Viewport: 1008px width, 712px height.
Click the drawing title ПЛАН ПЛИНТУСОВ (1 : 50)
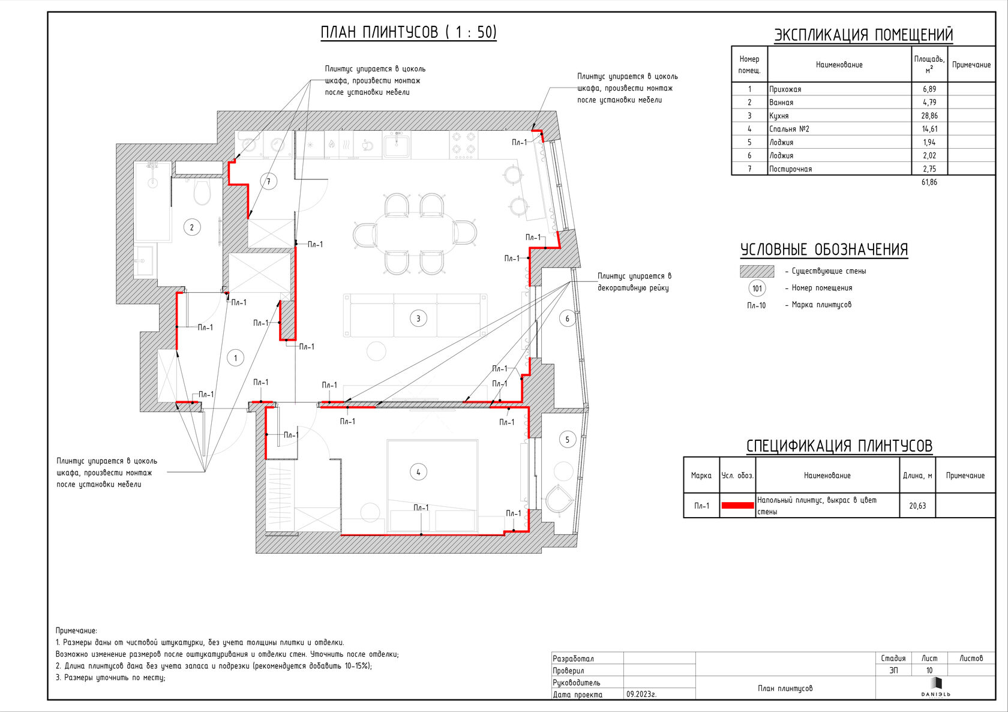point(409,32)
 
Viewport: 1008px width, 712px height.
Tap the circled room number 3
point(418,319)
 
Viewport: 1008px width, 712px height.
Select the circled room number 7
point(269,181)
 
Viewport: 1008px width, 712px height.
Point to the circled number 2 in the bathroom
point(192,227)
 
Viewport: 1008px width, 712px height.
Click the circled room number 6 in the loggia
point(567,319)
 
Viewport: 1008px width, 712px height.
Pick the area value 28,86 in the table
point(929,116)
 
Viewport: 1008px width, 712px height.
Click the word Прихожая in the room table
point(785,89)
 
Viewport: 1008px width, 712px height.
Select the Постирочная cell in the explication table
point(790,169)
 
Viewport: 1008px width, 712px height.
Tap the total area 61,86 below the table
point(929,182)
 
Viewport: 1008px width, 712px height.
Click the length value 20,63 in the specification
point(917,506)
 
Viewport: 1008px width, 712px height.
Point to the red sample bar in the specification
point(737,506)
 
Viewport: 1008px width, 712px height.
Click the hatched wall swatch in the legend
point(757,271)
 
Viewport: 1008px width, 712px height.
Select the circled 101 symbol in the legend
point(757,289)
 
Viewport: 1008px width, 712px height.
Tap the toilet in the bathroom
point(202,192)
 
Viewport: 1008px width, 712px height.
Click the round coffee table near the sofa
point(376,352)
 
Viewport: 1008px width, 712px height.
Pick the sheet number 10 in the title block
point(929,670)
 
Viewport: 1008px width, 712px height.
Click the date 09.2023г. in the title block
point(641,694)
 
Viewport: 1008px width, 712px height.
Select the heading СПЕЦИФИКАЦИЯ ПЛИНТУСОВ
point(839,446)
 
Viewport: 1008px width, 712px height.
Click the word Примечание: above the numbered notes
point(76,630)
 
